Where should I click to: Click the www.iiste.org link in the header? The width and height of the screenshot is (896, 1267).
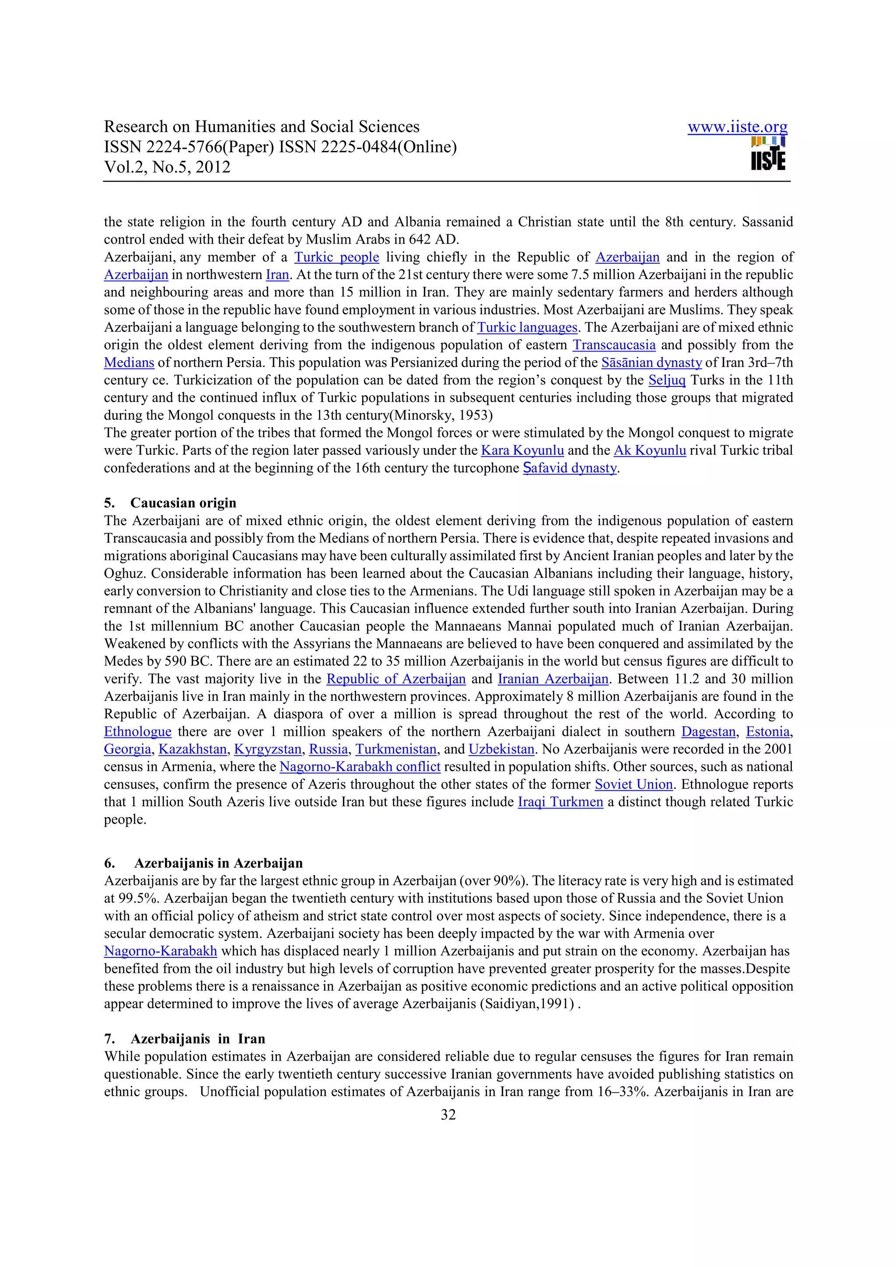737,128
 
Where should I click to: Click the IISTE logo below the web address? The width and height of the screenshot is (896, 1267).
768,154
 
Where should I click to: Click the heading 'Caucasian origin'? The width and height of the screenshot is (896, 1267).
183,503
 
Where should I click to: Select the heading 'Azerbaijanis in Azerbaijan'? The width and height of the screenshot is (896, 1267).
218,863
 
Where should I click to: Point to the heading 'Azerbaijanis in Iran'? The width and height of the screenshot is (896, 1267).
198,1038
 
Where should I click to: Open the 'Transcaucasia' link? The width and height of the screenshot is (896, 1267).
614,345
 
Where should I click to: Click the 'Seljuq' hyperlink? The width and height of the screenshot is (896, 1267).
667,380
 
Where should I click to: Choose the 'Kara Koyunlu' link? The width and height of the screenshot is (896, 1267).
522,450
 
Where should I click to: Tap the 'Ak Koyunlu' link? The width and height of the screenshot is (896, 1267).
650,450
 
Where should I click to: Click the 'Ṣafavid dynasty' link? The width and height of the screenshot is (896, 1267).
570,468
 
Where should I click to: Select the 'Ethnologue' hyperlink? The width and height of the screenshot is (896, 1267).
137,732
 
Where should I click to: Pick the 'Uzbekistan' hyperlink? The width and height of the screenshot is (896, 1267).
501,749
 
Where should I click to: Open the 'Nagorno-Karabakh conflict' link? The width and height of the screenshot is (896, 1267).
360,767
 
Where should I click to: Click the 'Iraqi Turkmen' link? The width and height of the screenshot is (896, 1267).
560,802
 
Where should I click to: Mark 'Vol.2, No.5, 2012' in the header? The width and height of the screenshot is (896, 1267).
167,167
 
